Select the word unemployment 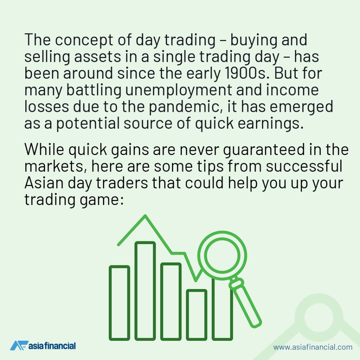[179, 91]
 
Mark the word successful [304, 166]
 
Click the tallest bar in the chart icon [145, 291]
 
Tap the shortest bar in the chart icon [197, 315]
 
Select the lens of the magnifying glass [222, 255]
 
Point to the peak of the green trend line [145, 216]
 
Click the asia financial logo [43, 346]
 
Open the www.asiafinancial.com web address [313, 347]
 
